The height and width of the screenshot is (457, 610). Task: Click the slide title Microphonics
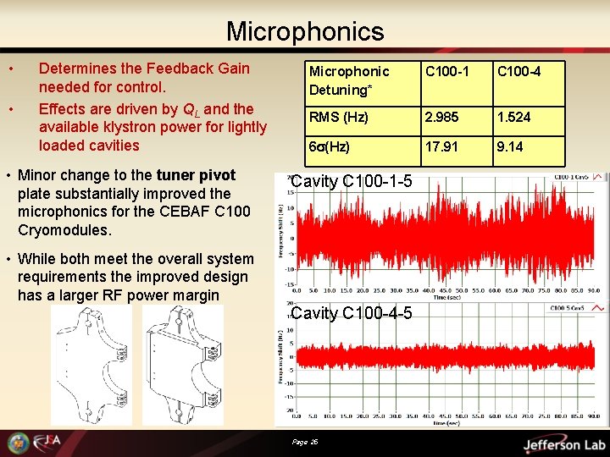[304, 32]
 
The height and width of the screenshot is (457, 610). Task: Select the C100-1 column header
[445, 72]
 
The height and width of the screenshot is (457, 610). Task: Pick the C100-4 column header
[518, 72]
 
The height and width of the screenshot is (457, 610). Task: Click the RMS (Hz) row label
[337, 118]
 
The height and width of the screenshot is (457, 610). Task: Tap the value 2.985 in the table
[442, 118]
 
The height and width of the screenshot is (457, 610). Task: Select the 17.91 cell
[441, 146]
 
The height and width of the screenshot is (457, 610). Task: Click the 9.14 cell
[510, 146]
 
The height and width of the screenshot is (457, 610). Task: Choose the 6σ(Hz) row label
[329, 146]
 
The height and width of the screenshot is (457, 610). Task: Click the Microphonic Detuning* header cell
[349, 80]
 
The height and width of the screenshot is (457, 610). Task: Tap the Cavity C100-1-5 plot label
[352, 181]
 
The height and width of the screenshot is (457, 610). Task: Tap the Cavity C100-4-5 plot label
[352, 314]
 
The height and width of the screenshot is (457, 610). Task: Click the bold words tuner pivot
[196, 175]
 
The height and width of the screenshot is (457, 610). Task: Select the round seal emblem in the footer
[18, 443]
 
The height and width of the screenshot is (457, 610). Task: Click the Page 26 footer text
[304, 441]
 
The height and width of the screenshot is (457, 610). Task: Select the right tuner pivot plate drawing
[183, 365]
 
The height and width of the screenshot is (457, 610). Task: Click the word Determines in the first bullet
[85, 69]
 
